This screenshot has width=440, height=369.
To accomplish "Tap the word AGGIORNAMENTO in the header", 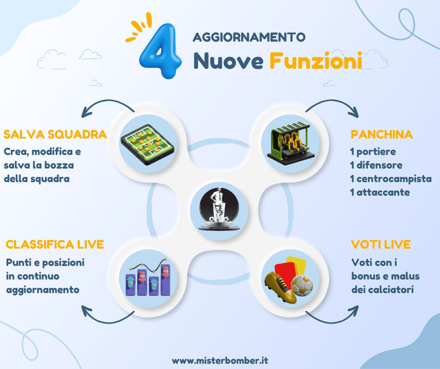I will pos(249,37).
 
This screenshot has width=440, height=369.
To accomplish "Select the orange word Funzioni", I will pos(316,61).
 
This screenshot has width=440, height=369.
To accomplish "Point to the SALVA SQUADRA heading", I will pos(55,135).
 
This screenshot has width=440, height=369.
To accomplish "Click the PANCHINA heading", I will pos(381,135).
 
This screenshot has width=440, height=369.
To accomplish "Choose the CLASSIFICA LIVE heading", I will pos(55,244).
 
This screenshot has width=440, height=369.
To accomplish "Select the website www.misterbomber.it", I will pos(220,361).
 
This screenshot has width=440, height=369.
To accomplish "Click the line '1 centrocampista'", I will pos(391,179).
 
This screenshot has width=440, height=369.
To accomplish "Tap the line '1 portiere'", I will pos(373,152).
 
